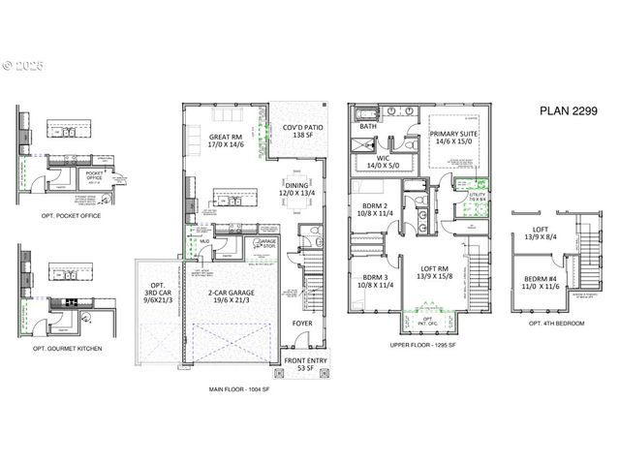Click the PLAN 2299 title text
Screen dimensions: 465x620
click(x=569, y=110)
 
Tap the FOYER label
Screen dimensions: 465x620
click(x=303, y=324)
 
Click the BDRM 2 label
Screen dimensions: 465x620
click(x=374, y=210)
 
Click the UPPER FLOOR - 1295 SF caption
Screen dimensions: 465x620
click(x=424, y=345)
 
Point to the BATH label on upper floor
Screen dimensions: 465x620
click(x=368, y=126)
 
